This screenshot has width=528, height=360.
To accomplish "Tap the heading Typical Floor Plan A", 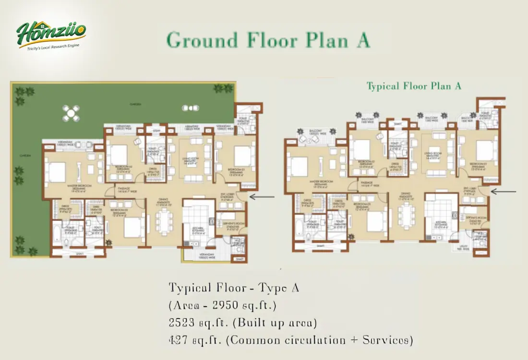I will point(414,86).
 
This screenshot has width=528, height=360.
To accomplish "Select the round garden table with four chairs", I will point(71,114).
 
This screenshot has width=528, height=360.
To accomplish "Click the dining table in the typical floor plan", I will point(407,216).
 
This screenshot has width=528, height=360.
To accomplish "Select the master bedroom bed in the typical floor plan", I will point(299,167).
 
